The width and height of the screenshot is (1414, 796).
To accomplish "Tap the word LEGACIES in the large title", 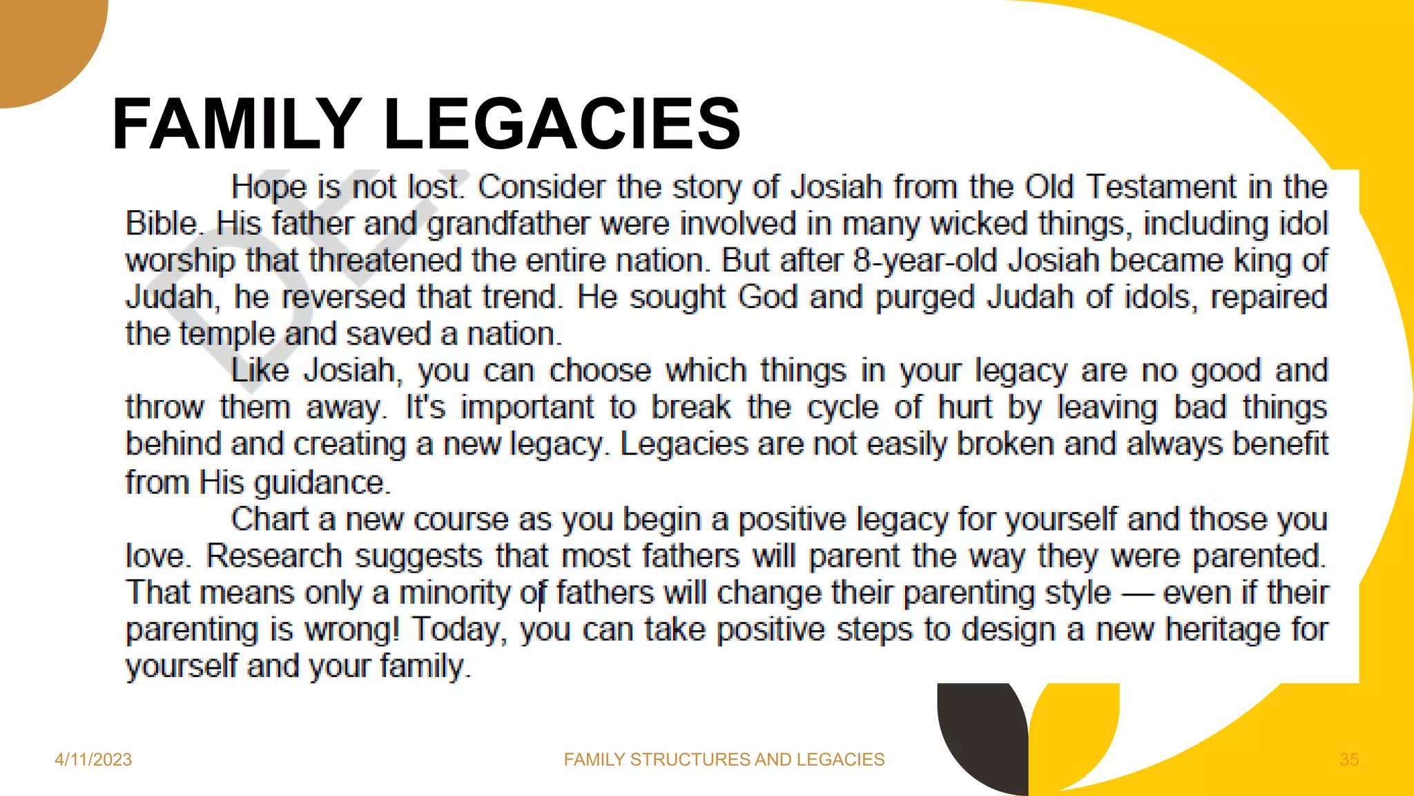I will tap(562, 124).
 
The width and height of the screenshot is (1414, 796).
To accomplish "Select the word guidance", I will tap(322, 482).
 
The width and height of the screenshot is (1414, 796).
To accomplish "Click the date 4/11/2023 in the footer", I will tap(93, 759).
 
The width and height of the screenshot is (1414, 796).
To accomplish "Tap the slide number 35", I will tap(1349, 759).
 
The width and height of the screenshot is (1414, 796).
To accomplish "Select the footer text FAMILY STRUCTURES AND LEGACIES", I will tap(724, 759).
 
